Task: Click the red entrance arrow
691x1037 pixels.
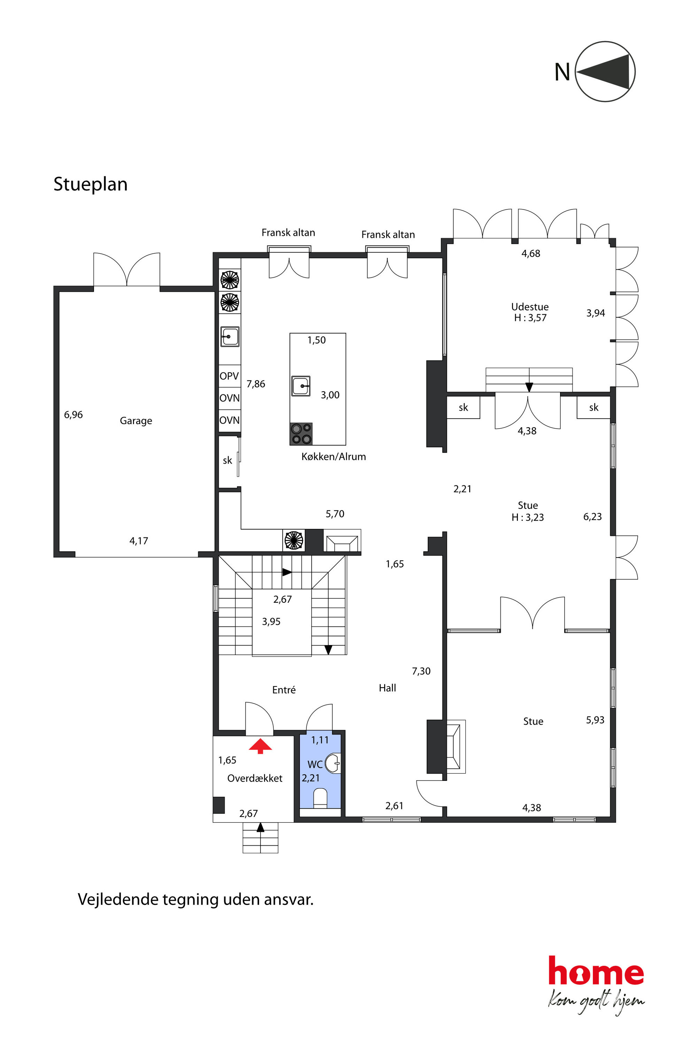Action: pyautogui.click(x=261, y=746)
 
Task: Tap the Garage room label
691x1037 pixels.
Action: pyautogui.click(x=136, y=421)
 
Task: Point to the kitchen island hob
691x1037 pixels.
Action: pyautogui.click(x=301, y=434)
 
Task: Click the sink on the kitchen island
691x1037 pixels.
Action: pyautogui.click(x=301, y=386)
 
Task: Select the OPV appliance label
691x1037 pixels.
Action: pyautogui.click(x=229, y=376)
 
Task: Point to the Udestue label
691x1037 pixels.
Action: pyautogui.click(x=530, y=307)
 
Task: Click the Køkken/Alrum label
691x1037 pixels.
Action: pyautogui.click(x=334, y=457)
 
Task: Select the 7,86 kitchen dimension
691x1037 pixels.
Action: pyautogui.click(x=256, y=384)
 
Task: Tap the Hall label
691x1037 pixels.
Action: pyautogui.click(x=387, y=688)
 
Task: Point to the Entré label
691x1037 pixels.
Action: pyautogui.click(x=284, y=690)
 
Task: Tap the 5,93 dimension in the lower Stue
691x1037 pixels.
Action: pyautogui.click(x=595, y=720)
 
